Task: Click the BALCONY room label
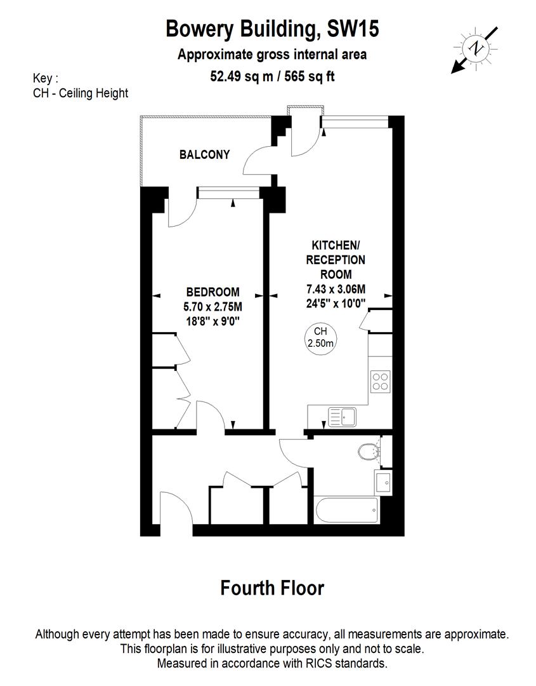pyautogui.click(x=204, y=154)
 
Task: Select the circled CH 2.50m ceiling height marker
pyautogui.click(x=320, y=337)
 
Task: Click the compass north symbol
pyautogui.click(x=474, y=49)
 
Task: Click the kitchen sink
pyautogui.click(x=343, y=417)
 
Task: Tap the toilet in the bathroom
pyautogui.click(x=369, y=452)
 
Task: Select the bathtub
pyautogui.click(x=346, y=510)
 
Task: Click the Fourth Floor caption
pyautogui.click(x=272, y=588)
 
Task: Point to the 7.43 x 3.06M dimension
pyautogui.click(x=336, y=290)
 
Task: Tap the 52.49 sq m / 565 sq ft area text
pyautogui.click(x=272, y=77)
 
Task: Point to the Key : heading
pyautogui.click(x=45, y=79)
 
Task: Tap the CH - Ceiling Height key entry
pyautogui.click(x=81, y=93)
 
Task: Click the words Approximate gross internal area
pyautogui.click(x=272, y=55)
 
